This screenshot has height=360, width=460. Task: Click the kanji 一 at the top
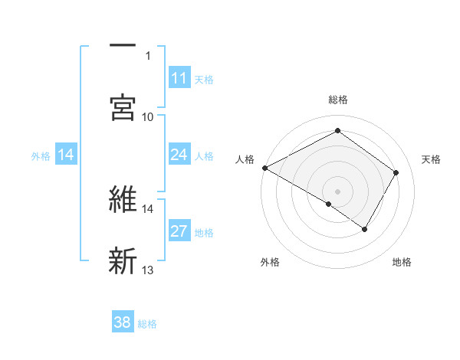click(x=123, y=47)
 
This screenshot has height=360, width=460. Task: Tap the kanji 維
click(x=123, y=199)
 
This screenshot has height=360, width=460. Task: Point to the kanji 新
click(x=123, y=260)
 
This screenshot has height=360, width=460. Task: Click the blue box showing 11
click(x=179, y=77)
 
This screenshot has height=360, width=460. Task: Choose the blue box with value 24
click(x=179, y=155)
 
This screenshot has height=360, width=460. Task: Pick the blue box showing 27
click(x=179, y=231)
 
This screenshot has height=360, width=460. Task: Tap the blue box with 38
click(x=123, y=322)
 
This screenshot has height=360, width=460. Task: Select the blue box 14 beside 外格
click(x=66, y=155)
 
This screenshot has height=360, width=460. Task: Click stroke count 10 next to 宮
click(x=148, y=116)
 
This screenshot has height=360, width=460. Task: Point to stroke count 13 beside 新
click(x=148, y=270)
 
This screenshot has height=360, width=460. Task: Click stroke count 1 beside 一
click(x=148, y=55)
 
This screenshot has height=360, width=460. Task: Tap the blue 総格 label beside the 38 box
click(x=147, y=324)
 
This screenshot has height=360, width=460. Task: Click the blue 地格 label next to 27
click(x=204, y=232)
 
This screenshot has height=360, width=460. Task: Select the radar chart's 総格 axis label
click(x=337, y=100)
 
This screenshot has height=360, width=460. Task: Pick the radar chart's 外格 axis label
click(x=270, y=262)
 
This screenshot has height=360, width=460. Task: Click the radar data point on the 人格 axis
click(x=264, y=168)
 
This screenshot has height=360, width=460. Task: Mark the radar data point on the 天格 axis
click(x=396, y=172)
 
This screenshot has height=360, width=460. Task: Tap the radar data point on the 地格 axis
click(x=365, y=229)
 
